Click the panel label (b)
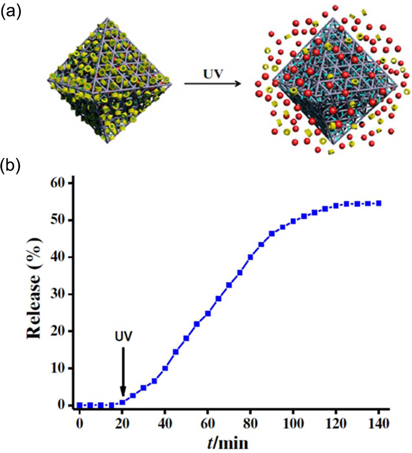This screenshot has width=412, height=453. point(11,166)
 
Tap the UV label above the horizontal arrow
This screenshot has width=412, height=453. point(213,74)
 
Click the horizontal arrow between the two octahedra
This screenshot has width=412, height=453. point(213,84)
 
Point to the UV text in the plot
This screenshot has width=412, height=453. point(123,336)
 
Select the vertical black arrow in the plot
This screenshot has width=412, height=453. point(123,371)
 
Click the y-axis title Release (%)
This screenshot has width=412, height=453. point(34,289)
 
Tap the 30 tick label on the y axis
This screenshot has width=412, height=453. point(58,295)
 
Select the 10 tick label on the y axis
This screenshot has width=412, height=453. point(58,368)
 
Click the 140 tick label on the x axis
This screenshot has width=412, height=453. point(379,424)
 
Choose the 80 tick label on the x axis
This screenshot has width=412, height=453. point(250,424)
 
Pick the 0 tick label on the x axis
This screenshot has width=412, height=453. point(80,424)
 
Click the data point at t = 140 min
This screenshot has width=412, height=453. point(379,203)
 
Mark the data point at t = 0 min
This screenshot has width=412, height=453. point(80,405)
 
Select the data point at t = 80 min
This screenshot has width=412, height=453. point(250,257)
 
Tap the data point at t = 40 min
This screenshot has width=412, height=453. point(165,368)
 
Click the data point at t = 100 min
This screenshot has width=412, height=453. point(293,221)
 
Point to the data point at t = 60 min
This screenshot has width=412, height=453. point(208,313)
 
